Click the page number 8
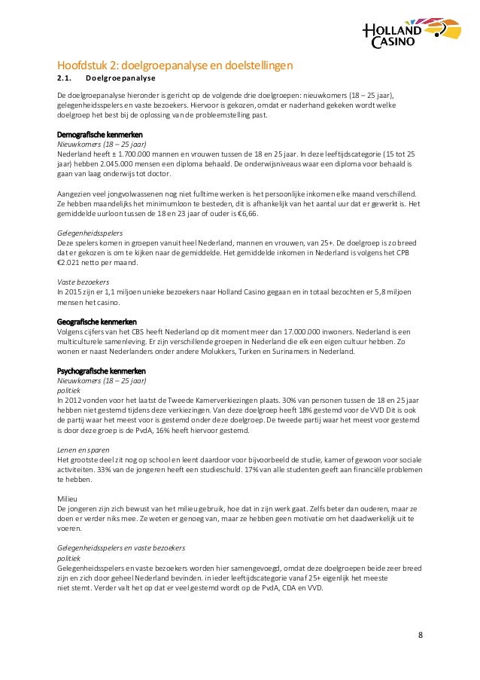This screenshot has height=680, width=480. pos(420,635)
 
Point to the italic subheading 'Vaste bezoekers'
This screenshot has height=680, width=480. pos(77,281)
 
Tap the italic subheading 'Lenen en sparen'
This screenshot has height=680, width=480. pos(78,449)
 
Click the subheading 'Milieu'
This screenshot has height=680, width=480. pos(66,498)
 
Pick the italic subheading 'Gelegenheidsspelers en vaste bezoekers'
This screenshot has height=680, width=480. pos(121,547)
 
